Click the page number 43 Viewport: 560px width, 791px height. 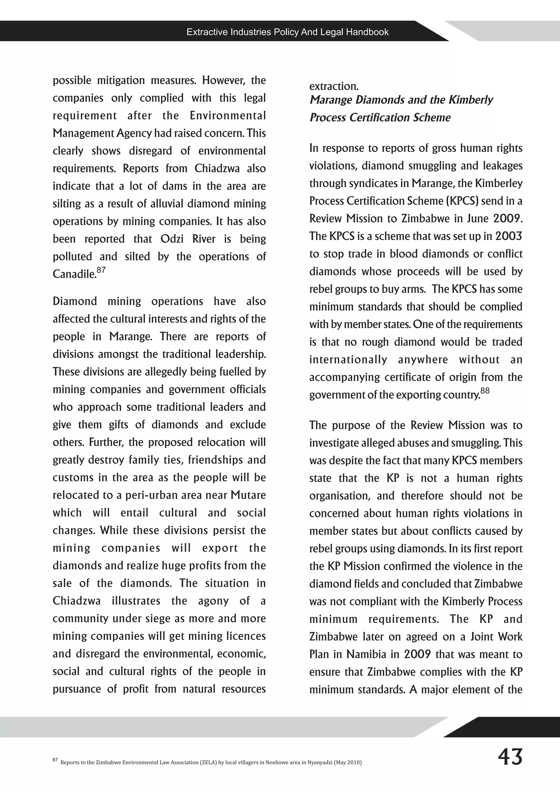[x=510, y=757]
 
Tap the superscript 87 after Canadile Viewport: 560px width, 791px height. [x=101, y=270]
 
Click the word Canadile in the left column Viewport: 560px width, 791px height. [x=74, y=274]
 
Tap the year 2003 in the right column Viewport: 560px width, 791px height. [x=509, y=236]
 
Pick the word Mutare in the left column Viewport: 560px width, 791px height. [x=248, y=495]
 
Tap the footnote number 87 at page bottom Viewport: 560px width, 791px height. [x=55, y=759]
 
